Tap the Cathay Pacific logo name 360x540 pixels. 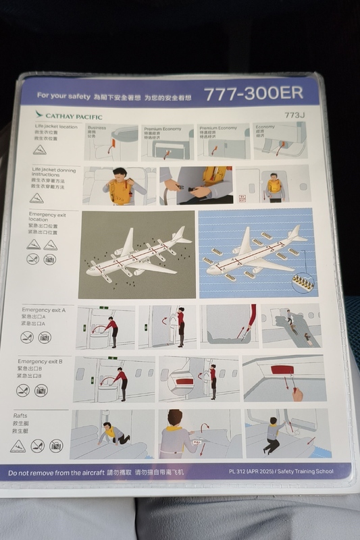point(69,115)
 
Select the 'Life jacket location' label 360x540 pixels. point(56,127)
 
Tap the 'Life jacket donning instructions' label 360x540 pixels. point(51,174)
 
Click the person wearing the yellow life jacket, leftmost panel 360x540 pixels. point(120,187)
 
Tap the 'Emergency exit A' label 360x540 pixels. point(44,310)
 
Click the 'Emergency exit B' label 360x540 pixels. point(41,362)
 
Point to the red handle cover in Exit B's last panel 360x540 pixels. point(282,370)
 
